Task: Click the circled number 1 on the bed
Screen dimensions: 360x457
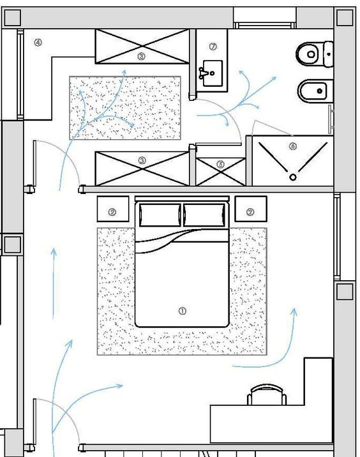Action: pos(182,311)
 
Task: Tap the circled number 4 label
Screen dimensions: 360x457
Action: pos(38,43)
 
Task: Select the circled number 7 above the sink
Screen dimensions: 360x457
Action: pos(213,47)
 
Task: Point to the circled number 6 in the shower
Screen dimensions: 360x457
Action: pos(293,146)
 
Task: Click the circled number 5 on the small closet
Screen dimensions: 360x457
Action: pos(221,165)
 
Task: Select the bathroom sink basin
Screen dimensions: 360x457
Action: pos(213,73)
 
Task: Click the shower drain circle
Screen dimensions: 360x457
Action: pos(293,177)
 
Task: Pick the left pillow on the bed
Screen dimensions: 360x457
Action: pos(160,215)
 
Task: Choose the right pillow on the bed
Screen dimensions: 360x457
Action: pos(204,215)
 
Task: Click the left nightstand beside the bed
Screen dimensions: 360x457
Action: pos(113,209)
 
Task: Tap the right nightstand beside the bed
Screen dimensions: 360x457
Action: pos(251,209)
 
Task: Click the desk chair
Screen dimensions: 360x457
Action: pos(267,394)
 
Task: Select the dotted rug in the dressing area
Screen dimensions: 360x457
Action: pos(125,108)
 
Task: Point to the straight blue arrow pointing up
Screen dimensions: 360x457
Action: pos(54,283)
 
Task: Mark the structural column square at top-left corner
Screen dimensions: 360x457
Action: pos(13,17)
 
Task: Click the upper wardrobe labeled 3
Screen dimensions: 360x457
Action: pos(142,46)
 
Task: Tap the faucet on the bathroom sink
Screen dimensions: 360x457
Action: pos(202,73)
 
